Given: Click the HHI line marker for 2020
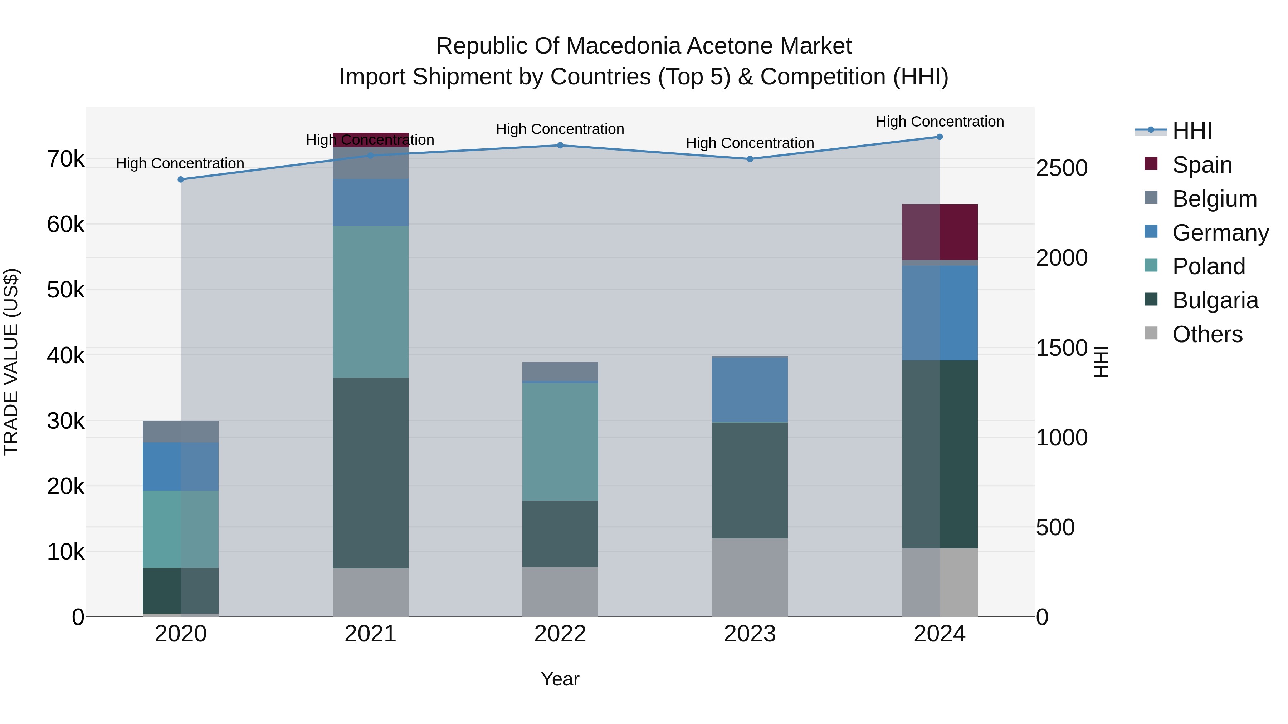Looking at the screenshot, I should click(x=181, y=179).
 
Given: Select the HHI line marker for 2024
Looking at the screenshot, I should click(x=940, y=137).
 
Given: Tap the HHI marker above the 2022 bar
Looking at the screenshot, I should click(x=560, y=146).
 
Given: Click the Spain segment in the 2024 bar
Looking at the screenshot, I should click(x=940, y=232).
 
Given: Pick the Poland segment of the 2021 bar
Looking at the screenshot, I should click(x=371, y=301).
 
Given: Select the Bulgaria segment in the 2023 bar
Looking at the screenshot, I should click(x=750, y=480).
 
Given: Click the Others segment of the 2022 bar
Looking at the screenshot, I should click(x=560, y=592).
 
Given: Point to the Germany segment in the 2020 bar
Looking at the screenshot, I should click(x=181, y=466).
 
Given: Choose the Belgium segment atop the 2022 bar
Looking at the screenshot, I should click(x=560, y=371).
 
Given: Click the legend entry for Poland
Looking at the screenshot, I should click(x=1209, y=266).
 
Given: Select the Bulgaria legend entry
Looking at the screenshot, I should click(x=1215, y=300).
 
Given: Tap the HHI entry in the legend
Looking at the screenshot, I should click(x=1192, y=131).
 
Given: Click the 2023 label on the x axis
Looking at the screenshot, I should click(x=750, y=634).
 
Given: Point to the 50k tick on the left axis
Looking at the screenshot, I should click(x=65, y=290).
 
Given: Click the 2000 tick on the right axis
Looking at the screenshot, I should click(x=1061, y=258).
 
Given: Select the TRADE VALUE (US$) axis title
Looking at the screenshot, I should click(x=11, y=362).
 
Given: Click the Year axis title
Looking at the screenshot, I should click(x=560, y=679).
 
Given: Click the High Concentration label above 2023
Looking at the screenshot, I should click(x=750, y=143).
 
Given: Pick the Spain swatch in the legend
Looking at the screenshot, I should click(x=1151, y=164).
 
